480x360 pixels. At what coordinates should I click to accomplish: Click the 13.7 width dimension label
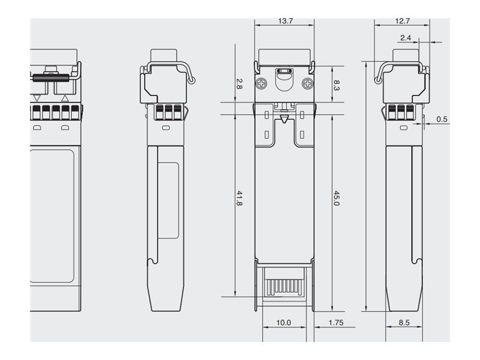[x=286, y=21]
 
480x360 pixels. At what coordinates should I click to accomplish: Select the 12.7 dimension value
[x=402, y=21]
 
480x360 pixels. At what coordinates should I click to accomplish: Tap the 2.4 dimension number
[x=406, y=38]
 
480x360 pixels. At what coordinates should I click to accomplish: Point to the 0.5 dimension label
[x=442, y=119]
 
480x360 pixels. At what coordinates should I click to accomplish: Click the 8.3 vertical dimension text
[x=336, y=85]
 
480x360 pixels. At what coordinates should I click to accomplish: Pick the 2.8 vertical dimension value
[x=239, y=84]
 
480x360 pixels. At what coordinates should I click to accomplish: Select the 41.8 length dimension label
[x=239, y=199]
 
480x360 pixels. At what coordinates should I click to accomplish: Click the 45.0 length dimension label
[x=336, y=199]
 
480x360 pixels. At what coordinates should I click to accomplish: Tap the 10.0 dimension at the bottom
[x=283, y=323]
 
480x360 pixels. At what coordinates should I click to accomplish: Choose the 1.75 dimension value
[x=336, y=323]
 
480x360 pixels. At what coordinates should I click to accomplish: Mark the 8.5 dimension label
[x=404, y=323]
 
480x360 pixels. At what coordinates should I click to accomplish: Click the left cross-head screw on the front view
[x=261, y=83]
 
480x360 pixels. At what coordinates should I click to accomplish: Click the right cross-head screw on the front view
[x=307, y=83]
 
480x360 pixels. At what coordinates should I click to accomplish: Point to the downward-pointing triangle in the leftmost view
[x=37, y=98]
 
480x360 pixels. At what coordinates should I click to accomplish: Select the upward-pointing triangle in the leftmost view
[x=65, y=98]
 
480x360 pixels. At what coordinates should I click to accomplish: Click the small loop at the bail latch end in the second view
[x=192, y=81]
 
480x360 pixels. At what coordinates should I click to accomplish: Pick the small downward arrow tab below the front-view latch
[x=284, y=119]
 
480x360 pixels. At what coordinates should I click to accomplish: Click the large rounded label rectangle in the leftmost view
[x=52, y=216]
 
